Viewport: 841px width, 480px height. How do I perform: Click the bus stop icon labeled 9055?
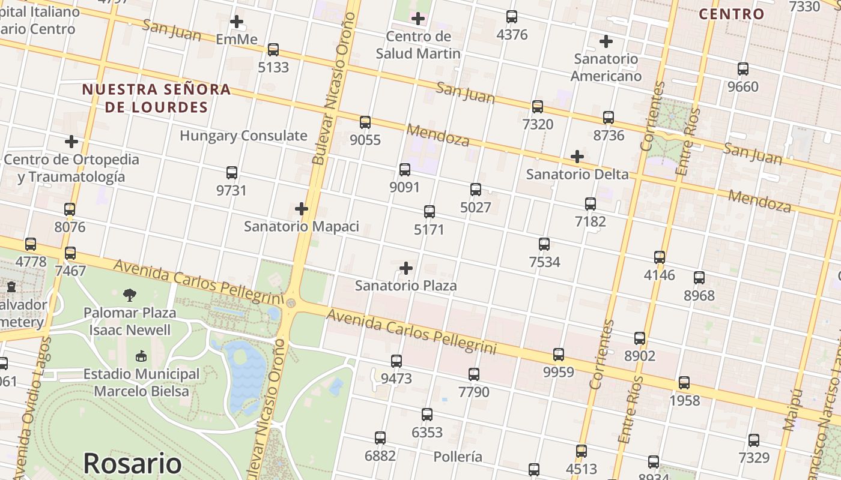[x=365, y=122]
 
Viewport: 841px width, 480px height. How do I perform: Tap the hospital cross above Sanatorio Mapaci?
[x=302, y=209]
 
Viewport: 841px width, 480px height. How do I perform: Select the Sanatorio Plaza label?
[x=405, y=286]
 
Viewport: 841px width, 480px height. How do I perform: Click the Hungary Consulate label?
[x=243, y=136]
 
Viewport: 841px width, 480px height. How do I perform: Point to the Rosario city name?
[x=132, y=463]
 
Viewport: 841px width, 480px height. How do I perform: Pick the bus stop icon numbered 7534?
[x=544, y=244]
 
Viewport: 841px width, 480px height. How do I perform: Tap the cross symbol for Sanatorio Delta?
[x=577, y=157]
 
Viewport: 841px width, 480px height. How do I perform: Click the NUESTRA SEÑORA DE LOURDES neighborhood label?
[x=156, y=98]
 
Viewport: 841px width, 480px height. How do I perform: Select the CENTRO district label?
[x=732, y=14]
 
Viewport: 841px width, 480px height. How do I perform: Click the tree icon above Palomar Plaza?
[x=129, y=295]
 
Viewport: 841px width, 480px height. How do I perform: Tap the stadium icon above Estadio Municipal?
[x=141, y=356]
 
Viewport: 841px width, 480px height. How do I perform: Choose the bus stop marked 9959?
[x=559, y=355]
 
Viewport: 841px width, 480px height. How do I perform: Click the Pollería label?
[x=458, y=457]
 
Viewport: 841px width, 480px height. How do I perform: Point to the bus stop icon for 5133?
[x=273, y=50]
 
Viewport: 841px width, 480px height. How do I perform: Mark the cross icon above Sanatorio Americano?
[x=606, y=41]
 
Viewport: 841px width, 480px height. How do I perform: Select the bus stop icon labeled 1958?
[x=684, y=383]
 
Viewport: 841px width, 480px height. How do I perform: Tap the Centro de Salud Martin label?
[x=418, y=45]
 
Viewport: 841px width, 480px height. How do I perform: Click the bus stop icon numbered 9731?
[x=232, y=173]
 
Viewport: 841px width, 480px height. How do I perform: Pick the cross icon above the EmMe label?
[x=237, y=22]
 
